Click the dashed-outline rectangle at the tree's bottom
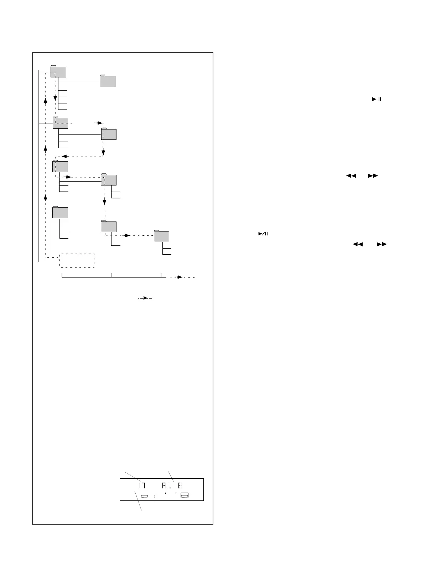pyautogui.click(x=77, y=260)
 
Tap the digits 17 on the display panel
pyautogui.click(x=141, y=485)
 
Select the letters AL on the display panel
pyautogui.click(x=167, y=485)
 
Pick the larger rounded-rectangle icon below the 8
pyautogui.click(x=185, y=495)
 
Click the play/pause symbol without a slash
pyautogui.click(x=377, y=99)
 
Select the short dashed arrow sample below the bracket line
pyautogui.click(x=145, y=298)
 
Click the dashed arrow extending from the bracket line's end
pyautogui.click(x=180, y=277)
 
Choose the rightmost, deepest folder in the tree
pyautogui.click(x=161, y=236)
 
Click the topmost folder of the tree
pyautogui.click(x=58, y=71)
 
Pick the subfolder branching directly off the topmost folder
pyautogui.click(x=107, y=81)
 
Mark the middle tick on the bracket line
pyautogui.click(x=111, y=275)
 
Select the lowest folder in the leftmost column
pyautogui.click(x=60, y=212)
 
